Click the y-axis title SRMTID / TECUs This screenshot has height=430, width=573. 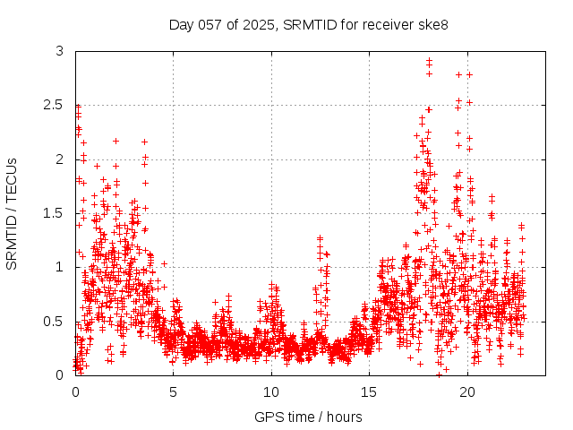pyautogui.click(x=12, y=213)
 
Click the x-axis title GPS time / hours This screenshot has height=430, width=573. pyautogui.click(x=308, y=417)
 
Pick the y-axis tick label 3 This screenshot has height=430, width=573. pyautogui.click(x=59, y=51)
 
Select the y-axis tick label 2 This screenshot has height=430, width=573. pyautogui.click(x=59, y=159)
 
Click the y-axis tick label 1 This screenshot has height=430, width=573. pyautogui.click(x=59, y=267)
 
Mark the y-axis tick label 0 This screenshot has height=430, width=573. pyautogui.click(x=59, y=374)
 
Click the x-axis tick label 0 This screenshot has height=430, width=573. pyautogui.click(x=75, y=391)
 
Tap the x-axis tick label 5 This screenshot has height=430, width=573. pyautogui.click(x=173, y=391)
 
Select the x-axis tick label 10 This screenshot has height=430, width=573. pyautogui.click(x=271, y=391)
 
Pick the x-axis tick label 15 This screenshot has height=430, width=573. pyautogui.click(x=369, y=391)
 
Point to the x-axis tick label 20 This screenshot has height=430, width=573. pyautogui.click(x=467, y=391)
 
